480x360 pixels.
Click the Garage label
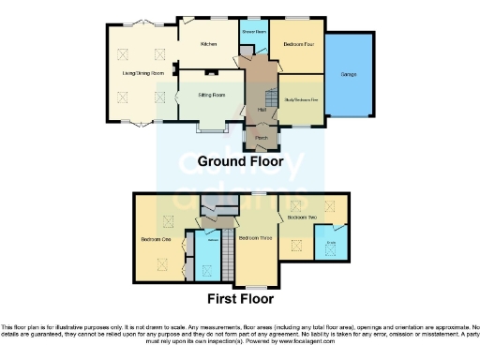(349, 74)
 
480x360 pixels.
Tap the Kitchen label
(209, 44)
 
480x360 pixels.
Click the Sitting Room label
(211, 95)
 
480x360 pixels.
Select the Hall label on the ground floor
(261, 111)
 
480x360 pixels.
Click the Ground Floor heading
(240, 161)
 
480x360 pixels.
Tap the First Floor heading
(240, 300)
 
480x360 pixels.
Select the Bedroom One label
(156, 239)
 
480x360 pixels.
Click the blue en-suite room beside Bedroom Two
(331, 247)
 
